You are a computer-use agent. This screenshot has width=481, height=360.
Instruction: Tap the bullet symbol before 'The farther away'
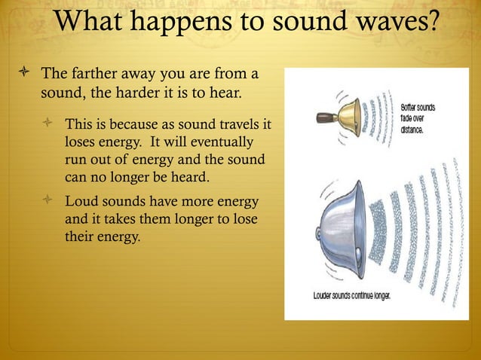point(22,75)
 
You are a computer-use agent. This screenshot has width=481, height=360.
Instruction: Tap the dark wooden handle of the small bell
point(325,117)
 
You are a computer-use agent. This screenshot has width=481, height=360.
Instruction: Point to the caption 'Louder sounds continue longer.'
point(351,295)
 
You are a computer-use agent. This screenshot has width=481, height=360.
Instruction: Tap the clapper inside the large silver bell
point(360,257)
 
